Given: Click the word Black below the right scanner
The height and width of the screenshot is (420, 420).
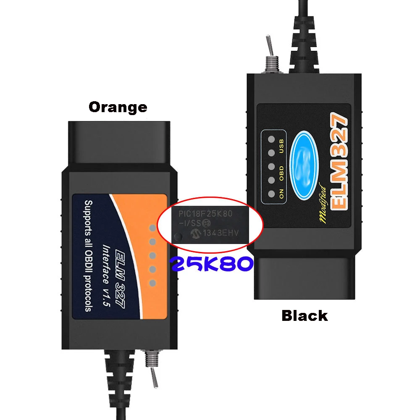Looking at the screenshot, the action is (304, 315).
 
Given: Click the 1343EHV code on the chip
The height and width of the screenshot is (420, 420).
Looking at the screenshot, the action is (221, 234).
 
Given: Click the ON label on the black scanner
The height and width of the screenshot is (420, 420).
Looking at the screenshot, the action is (282, 194).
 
